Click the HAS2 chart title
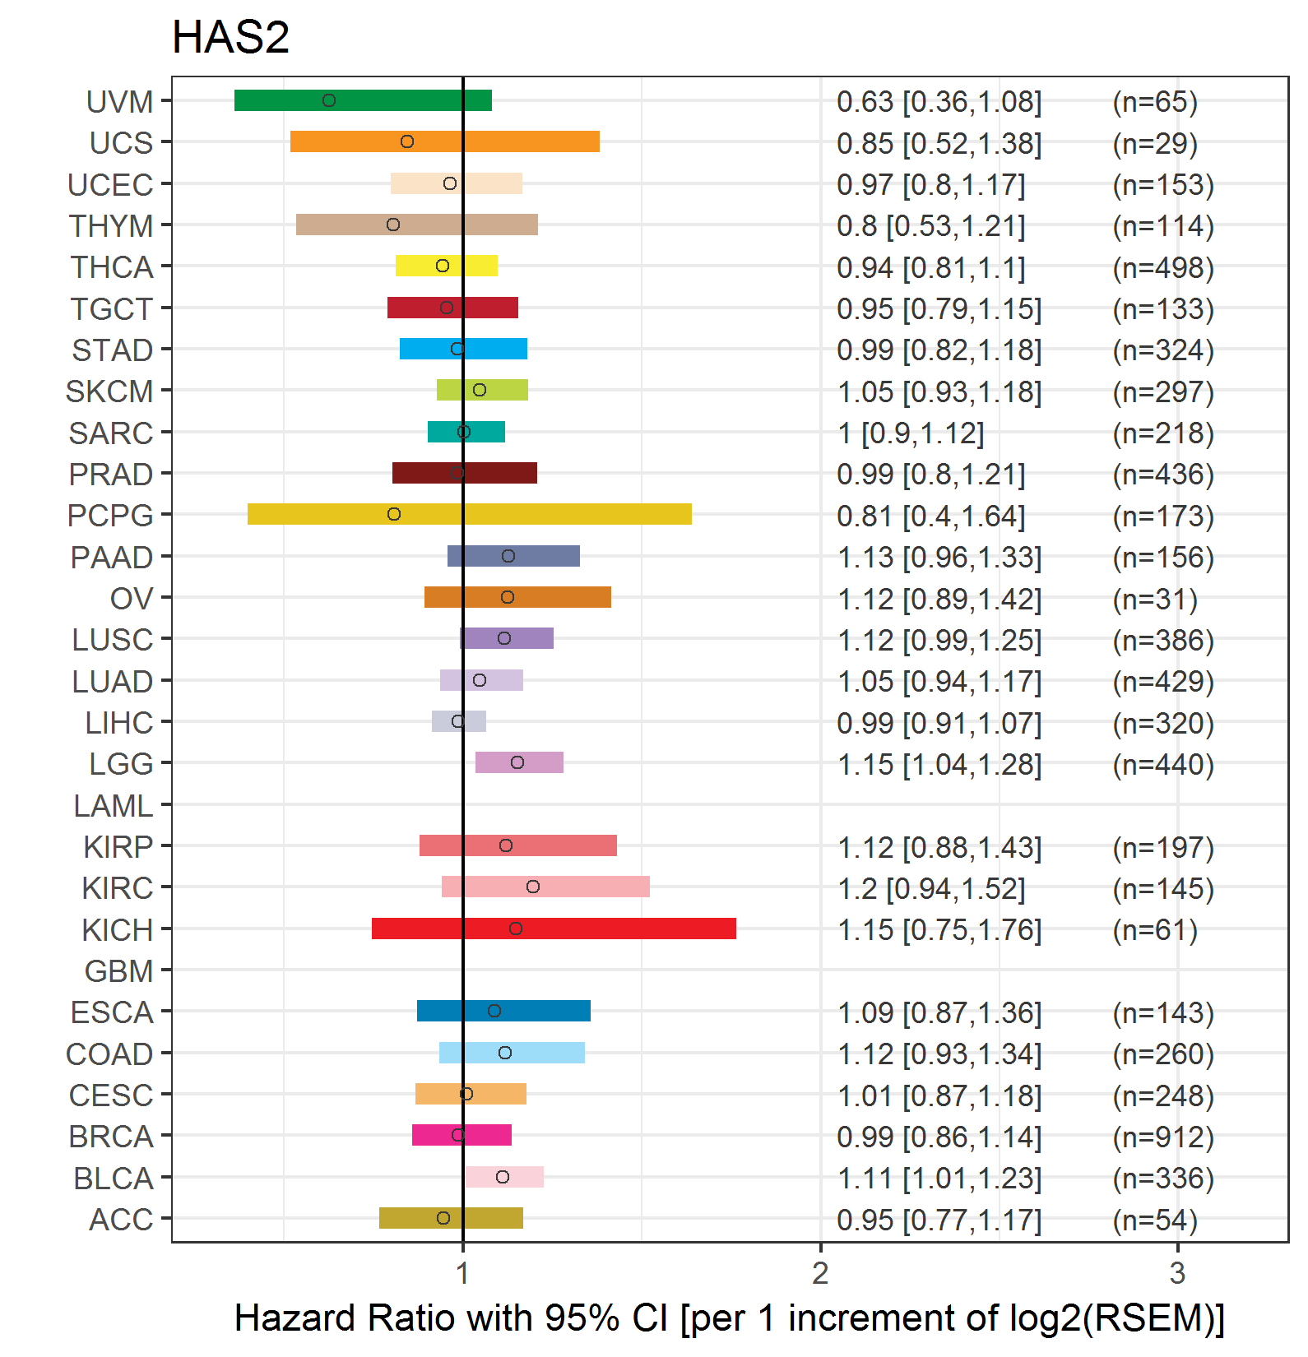coord(230,38)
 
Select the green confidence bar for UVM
coord(363,100)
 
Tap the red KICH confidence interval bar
coord(554,929)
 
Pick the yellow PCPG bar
coord(469,514)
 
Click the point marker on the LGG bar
coord(517,762)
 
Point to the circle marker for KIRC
coord(533,887)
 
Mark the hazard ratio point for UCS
coord(407,141)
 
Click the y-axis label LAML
coord(113,806)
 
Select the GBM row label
coord(118,971)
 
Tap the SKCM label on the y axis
coord(109,391)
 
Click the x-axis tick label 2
coord(820,1273)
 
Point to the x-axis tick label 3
coord(1177,1273)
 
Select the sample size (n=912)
coord(1163,1137)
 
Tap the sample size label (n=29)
coord(1155,143)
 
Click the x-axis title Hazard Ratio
coord(729,1318)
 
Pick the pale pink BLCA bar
coord(503,1177)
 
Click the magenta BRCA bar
coord(462,1135)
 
